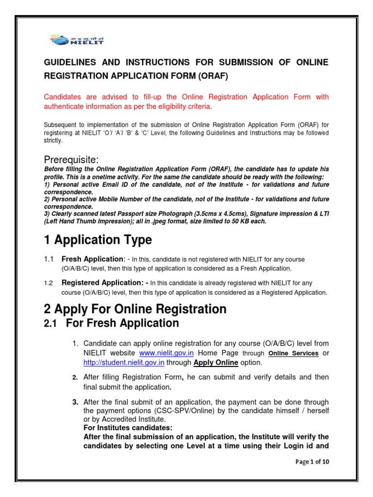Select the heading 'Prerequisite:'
coord(72,160)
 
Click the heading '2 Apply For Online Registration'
coord(135,309)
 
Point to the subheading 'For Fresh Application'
coord(122,323)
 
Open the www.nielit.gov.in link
coord(163,353)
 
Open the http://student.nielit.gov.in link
coord(124,363)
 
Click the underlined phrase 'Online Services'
coord(293,354)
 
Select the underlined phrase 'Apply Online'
coord(216,363)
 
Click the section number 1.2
coord(49,283)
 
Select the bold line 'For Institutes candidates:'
coord(128,428)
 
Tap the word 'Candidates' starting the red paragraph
coord(62,97)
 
